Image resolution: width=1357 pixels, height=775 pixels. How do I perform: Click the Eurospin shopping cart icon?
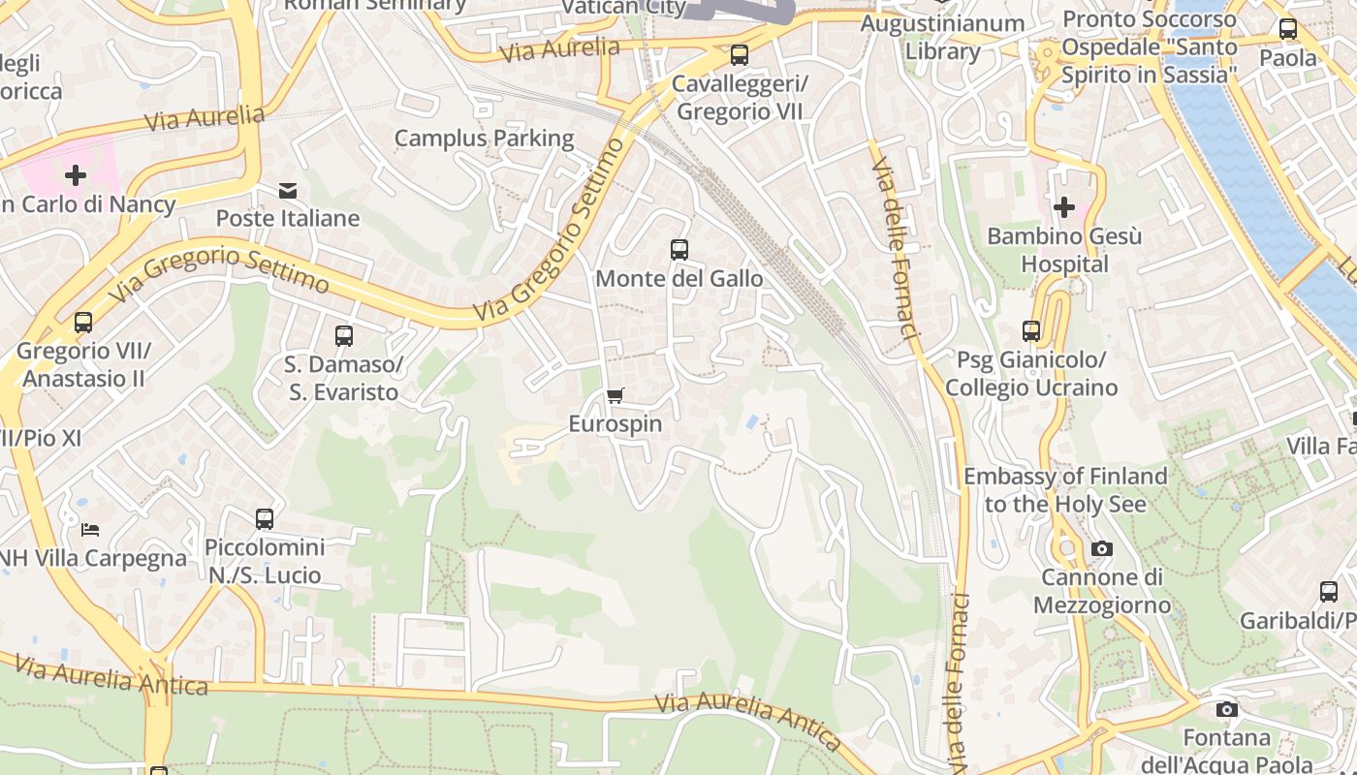(615, 395)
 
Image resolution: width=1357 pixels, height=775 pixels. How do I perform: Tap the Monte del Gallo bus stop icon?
(679, 250)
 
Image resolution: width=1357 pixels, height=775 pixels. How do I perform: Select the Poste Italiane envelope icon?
(288, 191)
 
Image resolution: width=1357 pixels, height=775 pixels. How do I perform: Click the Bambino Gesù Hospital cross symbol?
(1064, 207)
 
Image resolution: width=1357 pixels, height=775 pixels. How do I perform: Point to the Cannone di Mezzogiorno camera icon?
(1101, 549)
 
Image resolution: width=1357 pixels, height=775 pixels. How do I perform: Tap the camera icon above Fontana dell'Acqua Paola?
(1227, 709)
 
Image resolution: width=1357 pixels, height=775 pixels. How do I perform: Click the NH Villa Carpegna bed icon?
(90, 530)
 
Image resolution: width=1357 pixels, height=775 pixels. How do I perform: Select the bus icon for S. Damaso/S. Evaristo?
(343, 336)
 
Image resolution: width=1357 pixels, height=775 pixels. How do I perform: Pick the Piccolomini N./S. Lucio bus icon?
(265, 519)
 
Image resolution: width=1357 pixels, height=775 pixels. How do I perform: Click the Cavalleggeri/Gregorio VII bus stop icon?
(740, 55)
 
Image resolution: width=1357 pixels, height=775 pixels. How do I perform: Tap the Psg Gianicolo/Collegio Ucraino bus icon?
(1031, 331)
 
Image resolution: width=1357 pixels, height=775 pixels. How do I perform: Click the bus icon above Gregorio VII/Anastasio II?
(83, 322)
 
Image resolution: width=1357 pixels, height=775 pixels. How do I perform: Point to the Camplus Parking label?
(484, 139)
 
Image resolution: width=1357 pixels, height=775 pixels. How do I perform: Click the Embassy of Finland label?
(1064, 490)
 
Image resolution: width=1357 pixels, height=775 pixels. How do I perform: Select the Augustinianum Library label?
(942, 37)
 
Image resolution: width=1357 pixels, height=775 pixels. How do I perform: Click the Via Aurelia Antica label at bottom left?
(111, 676)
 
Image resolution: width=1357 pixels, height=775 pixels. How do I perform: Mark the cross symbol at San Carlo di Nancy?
(76, 175)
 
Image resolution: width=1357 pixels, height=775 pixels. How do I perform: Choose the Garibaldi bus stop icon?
(1329, 591)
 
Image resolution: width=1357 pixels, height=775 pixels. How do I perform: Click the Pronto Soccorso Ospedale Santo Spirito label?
(1149, 46)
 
